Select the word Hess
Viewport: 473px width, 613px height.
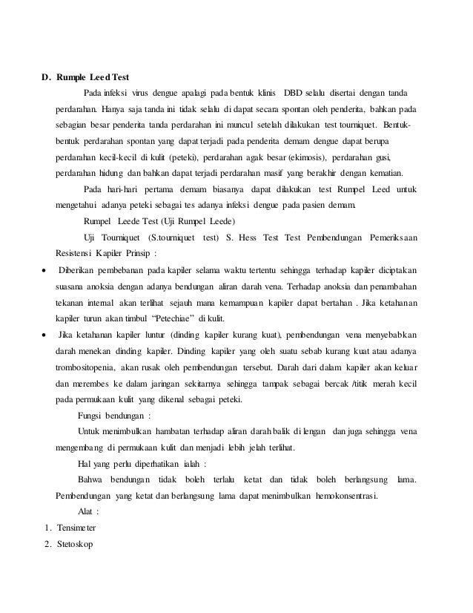pyautogui.click(x=244, y=237)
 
